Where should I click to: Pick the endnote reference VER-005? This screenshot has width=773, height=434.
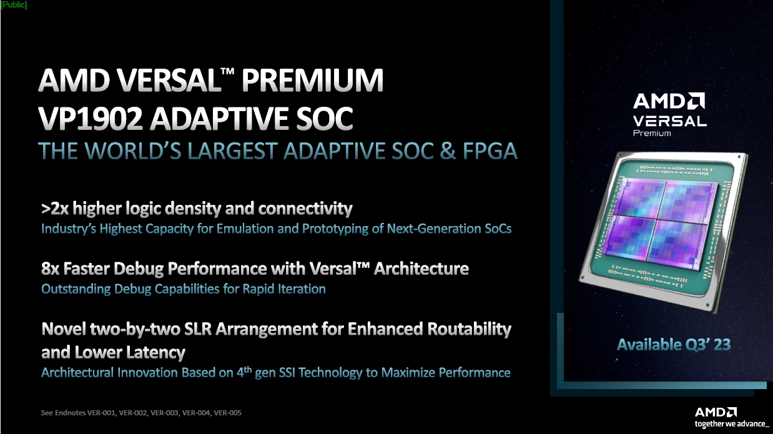click(x=228, y=413)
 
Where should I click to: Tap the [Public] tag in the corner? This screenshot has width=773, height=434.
click(x=14, y=5)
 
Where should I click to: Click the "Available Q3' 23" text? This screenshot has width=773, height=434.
click(x=673, y=344)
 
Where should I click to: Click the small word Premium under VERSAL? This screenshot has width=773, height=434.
click(x=652, y=133)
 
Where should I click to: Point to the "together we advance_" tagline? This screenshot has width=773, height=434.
click(x=731, y=424)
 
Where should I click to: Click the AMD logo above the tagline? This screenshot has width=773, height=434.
click(x=716, y=412)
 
